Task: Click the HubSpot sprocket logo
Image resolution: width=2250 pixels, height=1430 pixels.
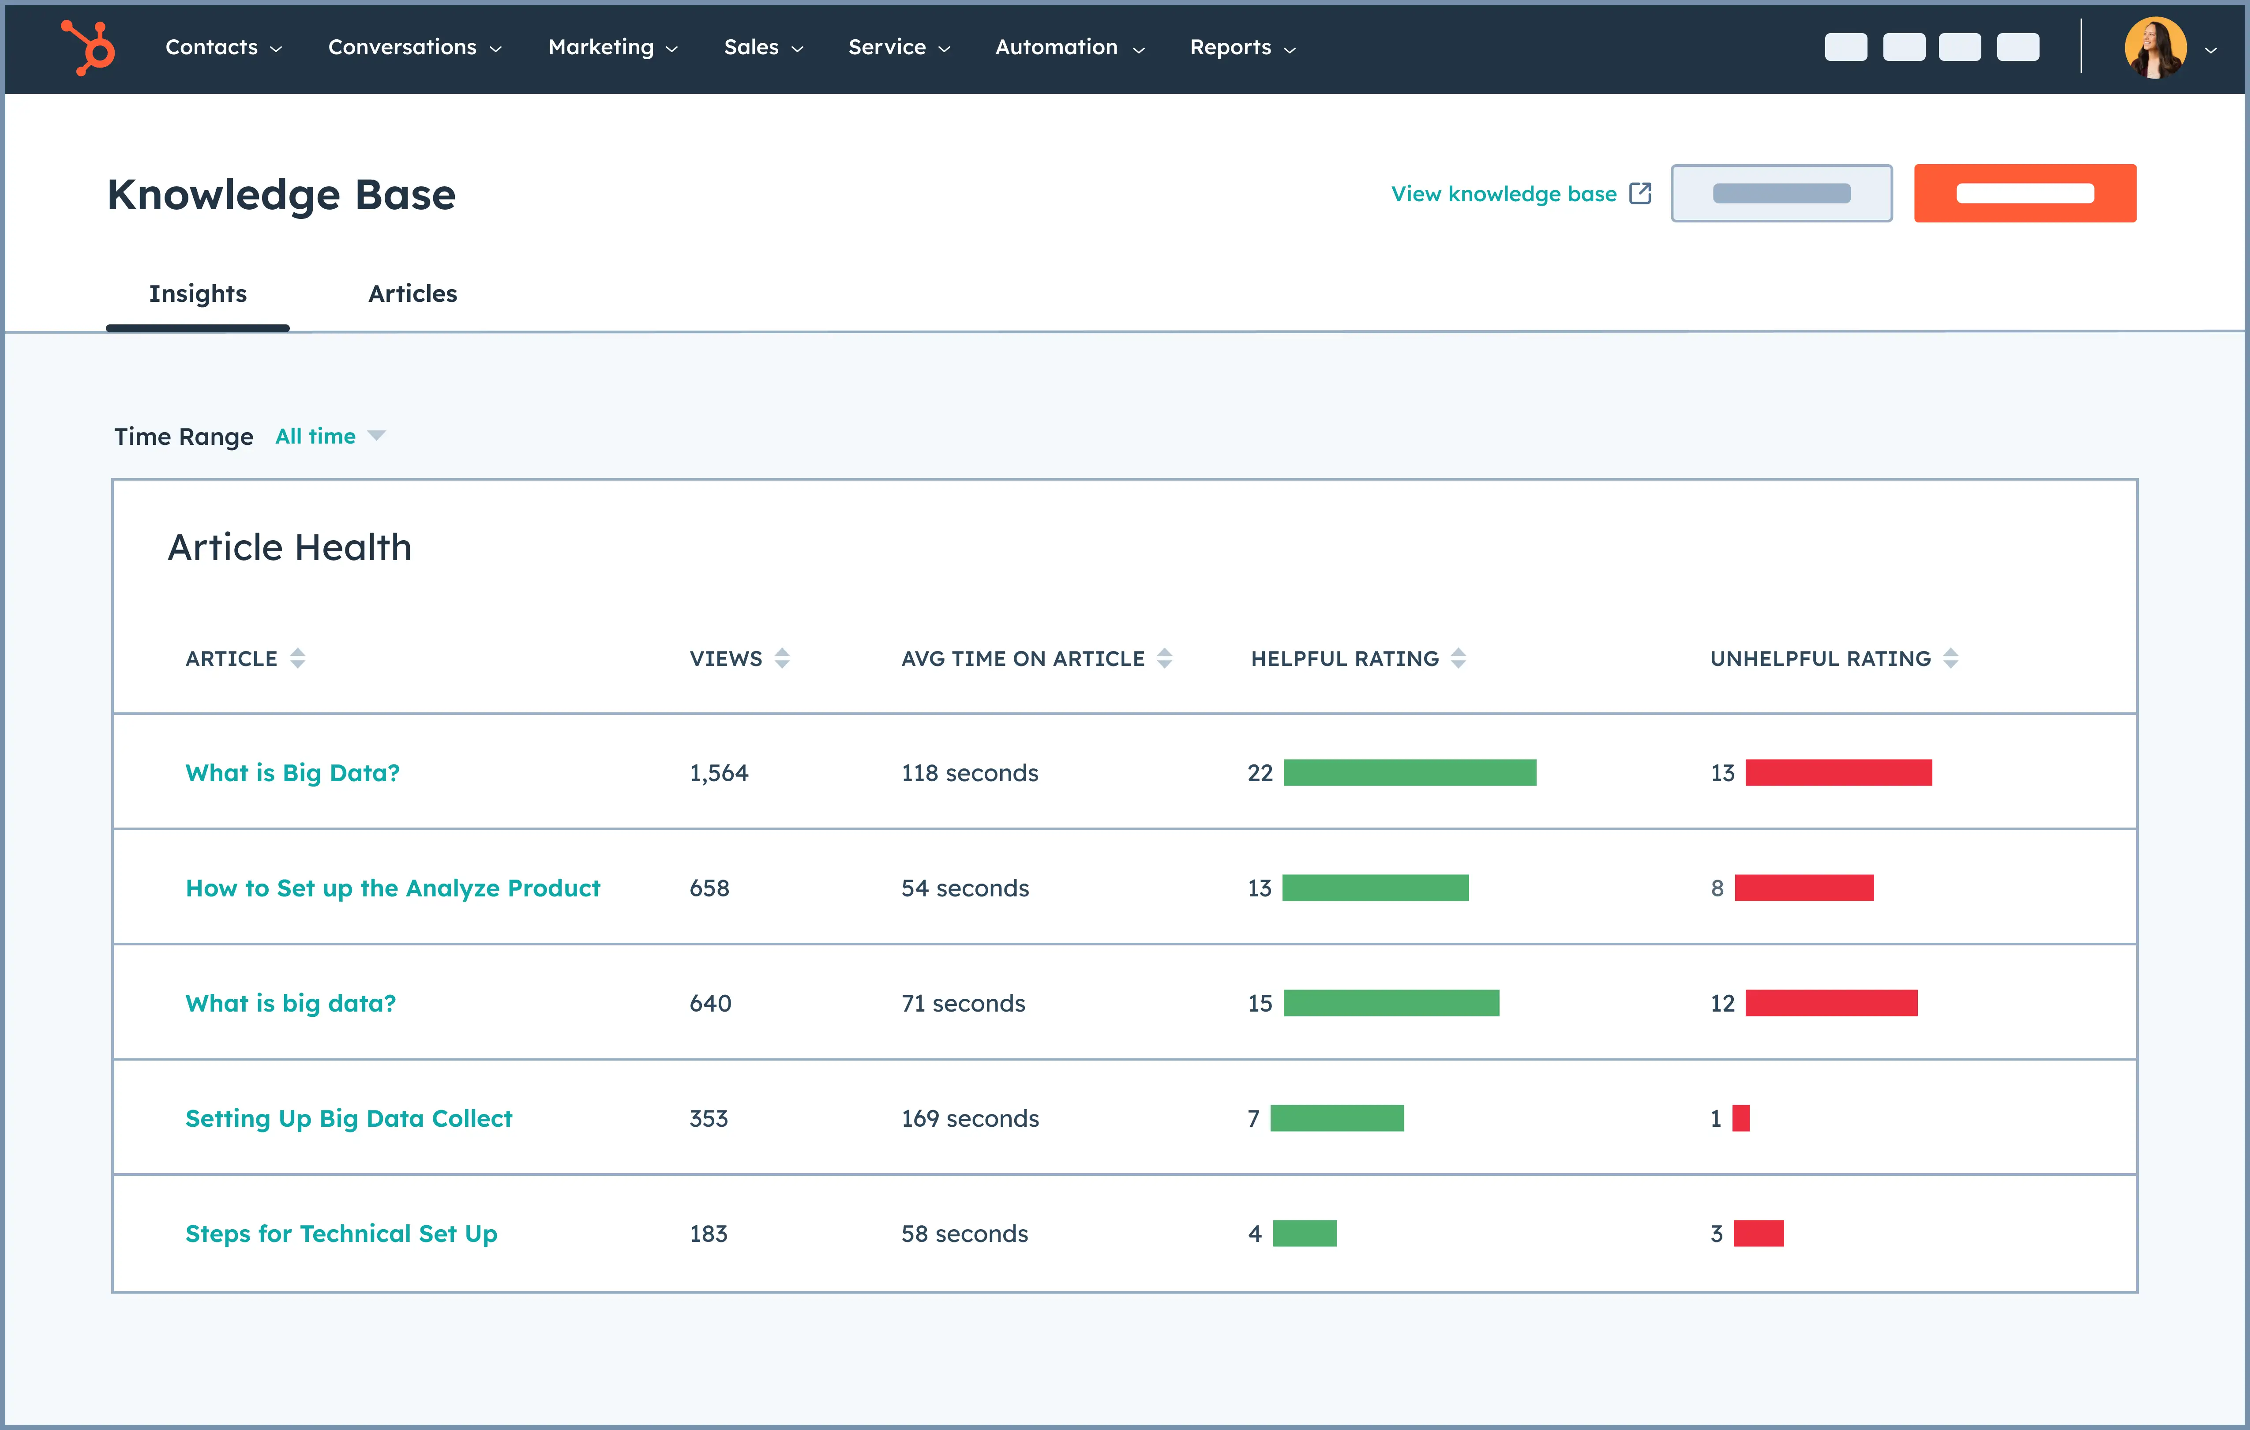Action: coord(88,47)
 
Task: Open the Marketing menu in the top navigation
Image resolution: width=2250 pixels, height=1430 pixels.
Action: coord(612,48)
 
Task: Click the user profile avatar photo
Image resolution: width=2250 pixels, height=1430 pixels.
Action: coord(2155,48)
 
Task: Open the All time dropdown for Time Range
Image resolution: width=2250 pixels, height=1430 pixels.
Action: coord(329,437)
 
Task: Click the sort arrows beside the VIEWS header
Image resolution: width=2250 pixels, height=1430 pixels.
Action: coord(782,659)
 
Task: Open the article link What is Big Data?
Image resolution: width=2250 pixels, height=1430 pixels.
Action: coord(292,773)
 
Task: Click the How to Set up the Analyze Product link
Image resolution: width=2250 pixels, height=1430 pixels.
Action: coord(393,888)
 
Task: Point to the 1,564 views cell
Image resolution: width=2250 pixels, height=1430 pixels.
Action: coord(719,773)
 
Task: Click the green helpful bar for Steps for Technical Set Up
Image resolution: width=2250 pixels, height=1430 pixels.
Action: coord(1305,1234)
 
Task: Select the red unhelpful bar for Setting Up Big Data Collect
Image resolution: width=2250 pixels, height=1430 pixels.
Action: coord(1741,1119)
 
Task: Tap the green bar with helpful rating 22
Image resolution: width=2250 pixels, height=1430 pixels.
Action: coord(1409,773)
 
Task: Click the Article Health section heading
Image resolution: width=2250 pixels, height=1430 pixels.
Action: coord(290,548)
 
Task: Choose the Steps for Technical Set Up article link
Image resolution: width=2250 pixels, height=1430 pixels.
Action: coord(341,1234)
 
